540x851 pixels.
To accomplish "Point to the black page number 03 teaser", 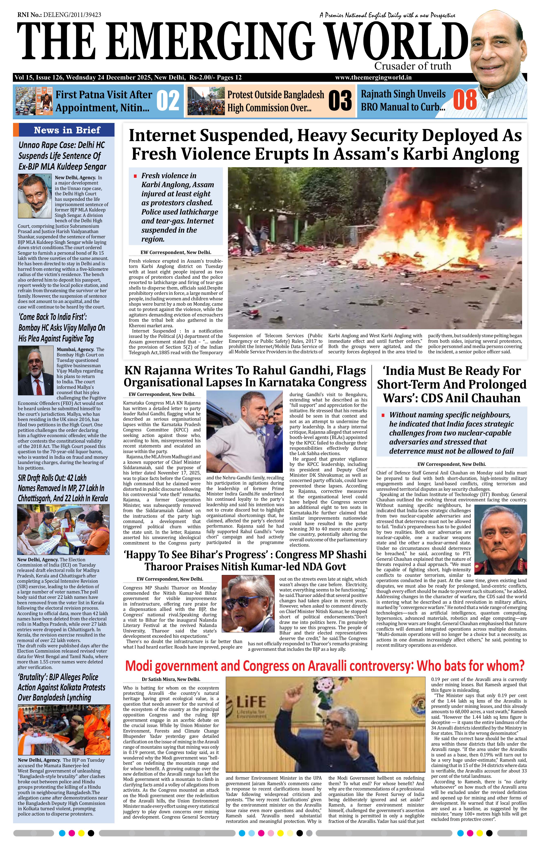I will pos(340,101).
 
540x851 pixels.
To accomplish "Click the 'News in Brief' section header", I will pos(67,130).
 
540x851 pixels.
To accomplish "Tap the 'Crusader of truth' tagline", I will pos(412,66).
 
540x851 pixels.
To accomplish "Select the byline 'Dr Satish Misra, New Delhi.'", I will pos(171,679).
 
